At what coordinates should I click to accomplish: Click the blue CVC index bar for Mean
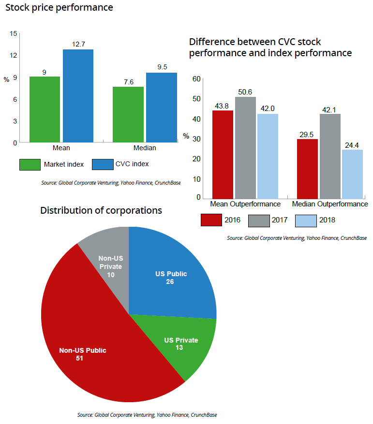pos(78,96)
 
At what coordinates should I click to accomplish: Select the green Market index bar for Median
pos(128,114)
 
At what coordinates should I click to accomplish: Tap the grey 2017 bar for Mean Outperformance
pos(245,147)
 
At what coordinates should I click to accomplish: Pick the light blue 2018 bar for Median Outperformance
pos(352,173)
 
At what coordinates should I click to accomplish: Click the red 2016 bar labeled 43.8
pos(223,154)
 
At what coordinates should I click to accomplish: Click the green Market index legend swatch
pos(30,164)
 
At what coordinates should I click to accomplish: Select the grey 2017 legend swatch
pos(258,220)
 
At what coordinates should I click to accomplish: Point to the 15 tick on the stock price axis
pos(13,33)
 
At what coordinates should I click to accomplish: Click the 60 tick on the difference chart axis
pos(196,79)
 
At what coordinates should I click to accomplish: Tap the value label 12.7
pos(78,44)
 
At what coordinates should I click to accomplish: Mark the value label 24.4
pos(352,144)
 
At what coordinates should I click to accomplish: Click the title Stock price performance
pos(59,8)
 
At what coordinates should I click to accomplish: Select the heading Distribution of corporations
pos(101,210)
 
